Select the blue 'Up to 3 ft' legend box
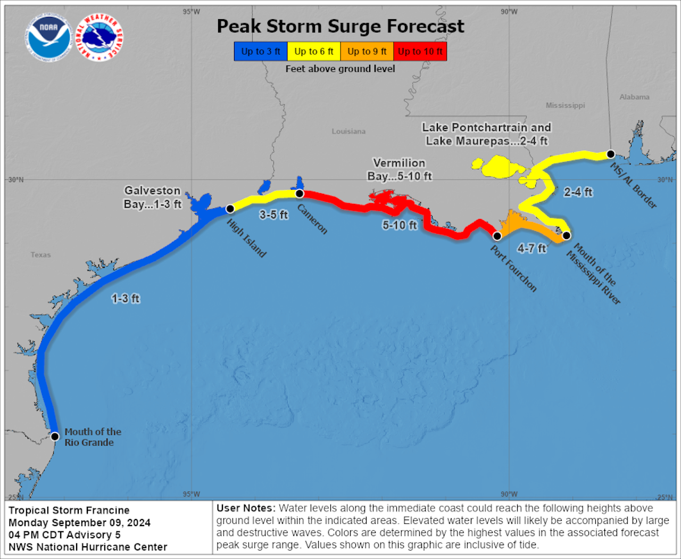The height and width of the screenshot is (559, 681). pos(261,52)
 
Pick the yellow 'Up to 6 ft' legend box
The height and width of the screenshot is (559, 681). pos(314,52)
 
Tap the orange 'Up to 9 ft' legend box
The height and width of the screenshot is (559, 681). pos(367,52)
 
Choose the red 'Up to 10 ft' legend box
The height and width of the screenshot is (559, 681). pos(420,52)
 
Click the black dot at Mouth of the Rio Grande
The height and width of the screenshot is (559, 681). pos(55,437)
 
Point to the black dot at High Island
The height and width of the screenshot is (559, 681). pos(230,209)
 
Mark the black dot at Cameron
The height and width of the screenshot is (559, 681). pos(300,193)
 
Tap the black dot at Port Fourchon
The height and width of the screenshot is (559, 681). pos(497,236)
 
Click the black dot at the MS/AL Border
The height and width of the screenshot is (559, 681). pos(611,154)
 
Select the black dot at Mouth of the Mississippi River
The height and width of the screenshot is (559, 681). pos(567,235)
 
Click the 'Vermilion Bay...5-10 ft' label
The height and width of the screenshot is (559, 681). pos(400,169)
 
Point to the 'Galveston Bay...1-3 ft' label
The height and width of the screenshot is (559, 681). pos(153,197)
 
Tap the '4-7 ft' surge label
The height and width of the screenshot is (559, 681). pos(531,248)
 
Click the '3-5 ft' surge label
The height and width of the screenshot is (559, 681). pos(273,215)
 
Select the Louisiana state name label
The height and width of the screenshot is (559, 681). pos(348,131)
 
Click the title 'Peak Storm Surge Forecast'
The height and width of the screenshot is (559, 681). pos(340,26)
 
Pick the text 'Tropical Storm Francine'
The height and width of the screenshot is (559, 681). pos(69,510)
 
